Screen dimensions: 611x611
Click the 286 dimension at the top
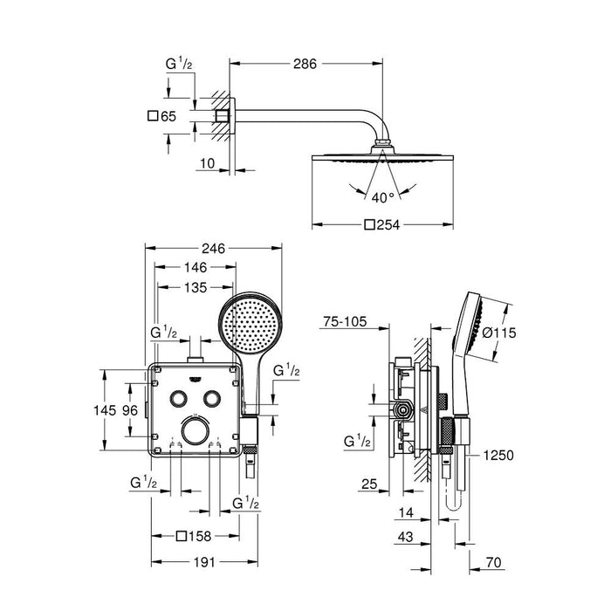(303, 64)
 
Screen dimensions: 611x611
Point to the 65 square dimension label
(163, 114)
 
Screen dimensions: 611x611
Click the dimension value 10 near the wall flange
(207, 162)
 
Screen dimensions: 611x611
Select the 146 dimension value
(195, 270)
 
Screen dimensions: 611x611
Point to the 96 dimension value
(130, 409)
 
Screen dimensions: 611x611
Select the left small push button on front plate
(179, 398)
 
